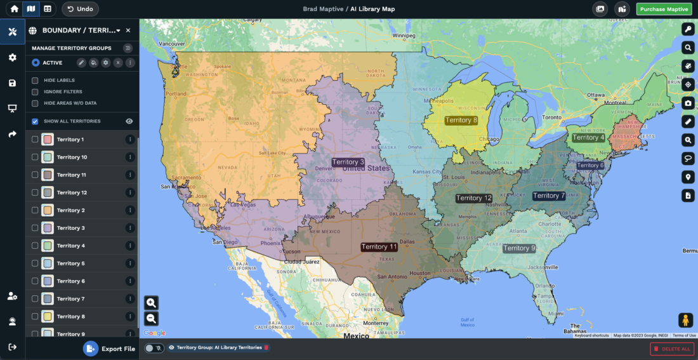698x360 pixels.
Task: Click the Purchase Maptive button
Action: pos(664,9)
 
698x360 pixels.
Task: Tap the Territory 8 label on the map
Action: pos(461,120)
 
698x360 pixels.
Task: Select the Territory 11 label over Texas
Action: pos(379,247)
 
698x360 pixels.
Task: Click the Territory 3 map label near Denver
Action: pos(348,162)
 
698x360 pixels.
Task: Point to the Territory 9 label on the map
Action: pos(519,248)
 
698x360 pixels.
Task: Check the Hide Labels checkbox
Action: pos(36,81)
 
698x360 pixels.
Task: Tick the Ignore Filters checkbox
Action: pos(36,92)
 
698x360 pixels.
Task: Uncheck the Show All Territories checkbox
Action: pos(36,121)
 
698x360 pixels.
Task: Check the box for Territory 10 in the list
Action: pos(36,157)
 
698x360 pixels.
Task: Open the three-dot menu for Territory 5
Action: pos(130,263)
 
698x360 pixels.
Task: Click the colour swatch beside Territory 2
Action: pos(48,210)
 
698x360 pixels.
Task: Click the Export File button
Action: pos(110,349)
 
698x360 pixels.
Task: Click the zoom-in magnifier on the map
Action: pos(151,303)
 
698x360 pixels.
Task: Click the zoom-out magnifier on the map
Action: pos(151,319)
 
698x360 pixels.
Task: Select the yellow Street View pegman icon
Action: pos(685,321)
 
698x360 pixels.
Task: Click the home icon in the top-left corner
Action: pos(14,9)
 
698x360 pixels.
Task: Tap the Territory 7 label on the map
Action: pos(549,196)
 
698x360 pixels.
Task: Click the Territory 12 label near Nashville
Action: pos(473,198)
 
